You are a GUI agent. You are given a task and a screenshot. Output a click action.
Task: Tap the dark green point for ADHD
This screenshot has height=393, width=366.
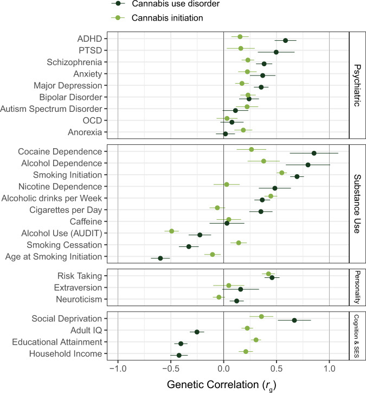click(x=286, y=40)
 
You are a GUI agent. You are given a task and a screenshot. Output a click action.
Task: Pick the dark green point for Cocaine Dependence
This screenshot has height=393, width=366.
click(x=314, y=154)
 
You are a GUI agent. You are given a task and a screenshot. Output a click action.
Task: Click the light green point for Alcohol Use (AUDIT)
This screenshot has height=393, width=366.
click(x=172, y=231)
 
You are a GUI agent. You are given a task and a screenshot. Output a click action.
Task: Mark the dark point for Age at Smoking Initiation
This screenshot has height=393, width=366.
click(x=160, y=258)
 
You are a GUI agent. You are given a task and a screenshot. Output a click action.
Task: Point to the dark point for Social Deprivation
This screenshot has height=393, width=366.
click(x=294, y=320)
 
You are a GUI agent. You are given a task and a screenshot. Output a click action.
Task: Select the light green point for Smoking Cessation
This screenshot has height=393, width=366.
click(x=239, y=243)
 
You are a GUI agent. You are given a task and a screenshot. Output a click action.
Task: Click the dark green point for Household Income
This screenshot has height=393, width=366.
click(x=179, y=356)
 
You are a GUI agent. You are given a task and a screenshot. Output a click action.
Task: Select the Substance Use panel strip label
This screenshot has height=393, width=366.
click(x=357, y=203)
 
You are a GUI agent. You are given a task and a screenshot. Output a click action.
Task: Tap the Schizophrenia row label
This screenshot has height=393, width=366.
click(x=76, y=61)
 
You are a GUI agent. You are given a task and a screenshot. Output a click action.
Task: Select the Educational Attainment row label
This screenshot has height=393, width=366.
click(x=60, y=342)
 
